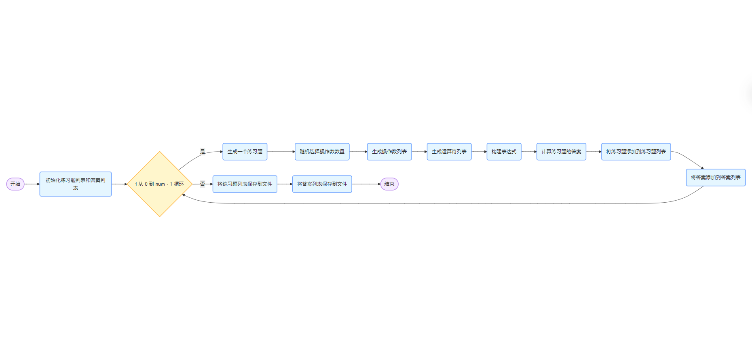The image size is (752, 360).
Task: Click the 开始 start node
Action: (x=15, y=184)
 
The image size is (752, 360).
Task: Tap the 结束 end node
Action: (x=389, y=184)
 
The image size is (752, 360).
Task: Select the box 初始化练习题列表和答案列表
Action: (x=76, y=184)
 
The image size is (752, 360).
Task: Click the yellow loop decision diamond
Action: (x=160, y=184)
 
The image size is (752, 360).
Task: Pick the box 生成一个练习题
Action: (x=245, y=152)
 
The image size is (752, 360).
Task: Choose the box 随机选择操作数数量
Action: (x=322, y=152)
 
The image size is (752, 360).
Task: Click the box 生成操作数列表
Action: (x=389, y=152)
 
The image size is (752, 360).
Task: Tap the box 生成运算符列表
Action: (x=449, y=152)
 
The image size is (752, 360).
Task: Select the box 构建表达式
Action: (x=504, y=152)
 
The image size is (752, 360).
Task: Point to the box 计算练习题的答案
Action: (x=561, y=152)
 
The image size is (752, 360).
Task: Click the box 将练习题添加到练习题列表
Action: (x=636, y=152)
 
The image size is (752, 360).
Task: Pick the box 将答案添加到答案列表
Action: (x=716, y=178)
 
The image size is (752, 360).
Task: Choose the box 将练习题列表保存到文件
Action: (x=245, y=184)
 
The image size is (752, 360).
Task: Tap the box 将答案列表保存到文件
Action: (x=322, y=184)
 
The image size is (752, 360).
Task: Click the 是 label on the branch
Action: (x=203, y=152)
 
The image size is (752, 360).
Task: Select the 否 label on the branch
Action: (x=203, y=184)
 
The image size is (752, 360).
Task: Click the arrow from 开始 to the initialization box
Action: (x=32, y=184)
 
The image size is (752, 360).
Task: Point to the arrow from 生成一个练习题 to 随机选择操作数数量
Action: (x=281, y=152)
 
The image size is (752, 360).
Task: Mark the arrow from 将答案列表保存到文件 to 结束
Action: (x=366, y=184)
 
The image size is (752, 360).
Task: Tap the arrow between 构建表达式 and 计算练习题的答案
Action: (x=529, y=152)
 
